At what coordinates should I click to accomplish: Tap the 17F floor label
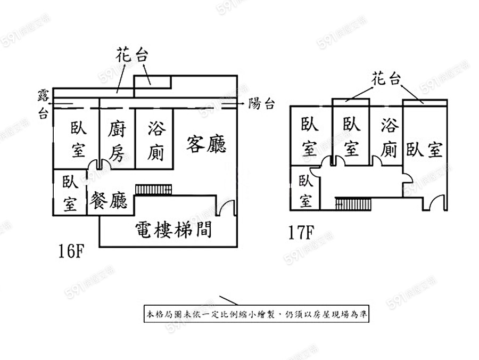click(301, 232)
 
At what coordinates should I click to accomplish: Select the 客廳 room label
click(207, 144)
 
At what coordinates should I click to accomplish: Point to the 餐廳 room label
click(109, 201)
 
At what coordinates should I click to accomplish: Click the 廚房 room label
click(118, 141)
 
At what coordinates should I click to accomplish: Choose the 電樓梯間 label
click(174, 230)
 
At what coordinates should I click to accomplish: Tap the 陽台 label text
click(262, 104)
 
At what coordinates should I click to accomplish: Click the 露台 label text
click(43, 103)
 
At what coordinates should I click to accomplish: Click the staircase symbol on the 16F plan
click(154, 189)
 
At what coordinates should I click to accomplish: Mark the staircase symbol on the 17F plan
click(352, 203)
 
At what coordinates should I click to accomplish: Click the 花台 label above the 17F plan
click(385, 80)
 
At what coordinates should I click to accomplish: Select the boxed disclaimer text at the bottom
click(256, 314)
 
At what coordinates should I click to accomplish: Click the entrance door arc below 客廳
click(226, 207)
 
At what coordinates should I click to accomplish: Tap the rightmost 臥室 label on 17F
click(424, 150)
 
